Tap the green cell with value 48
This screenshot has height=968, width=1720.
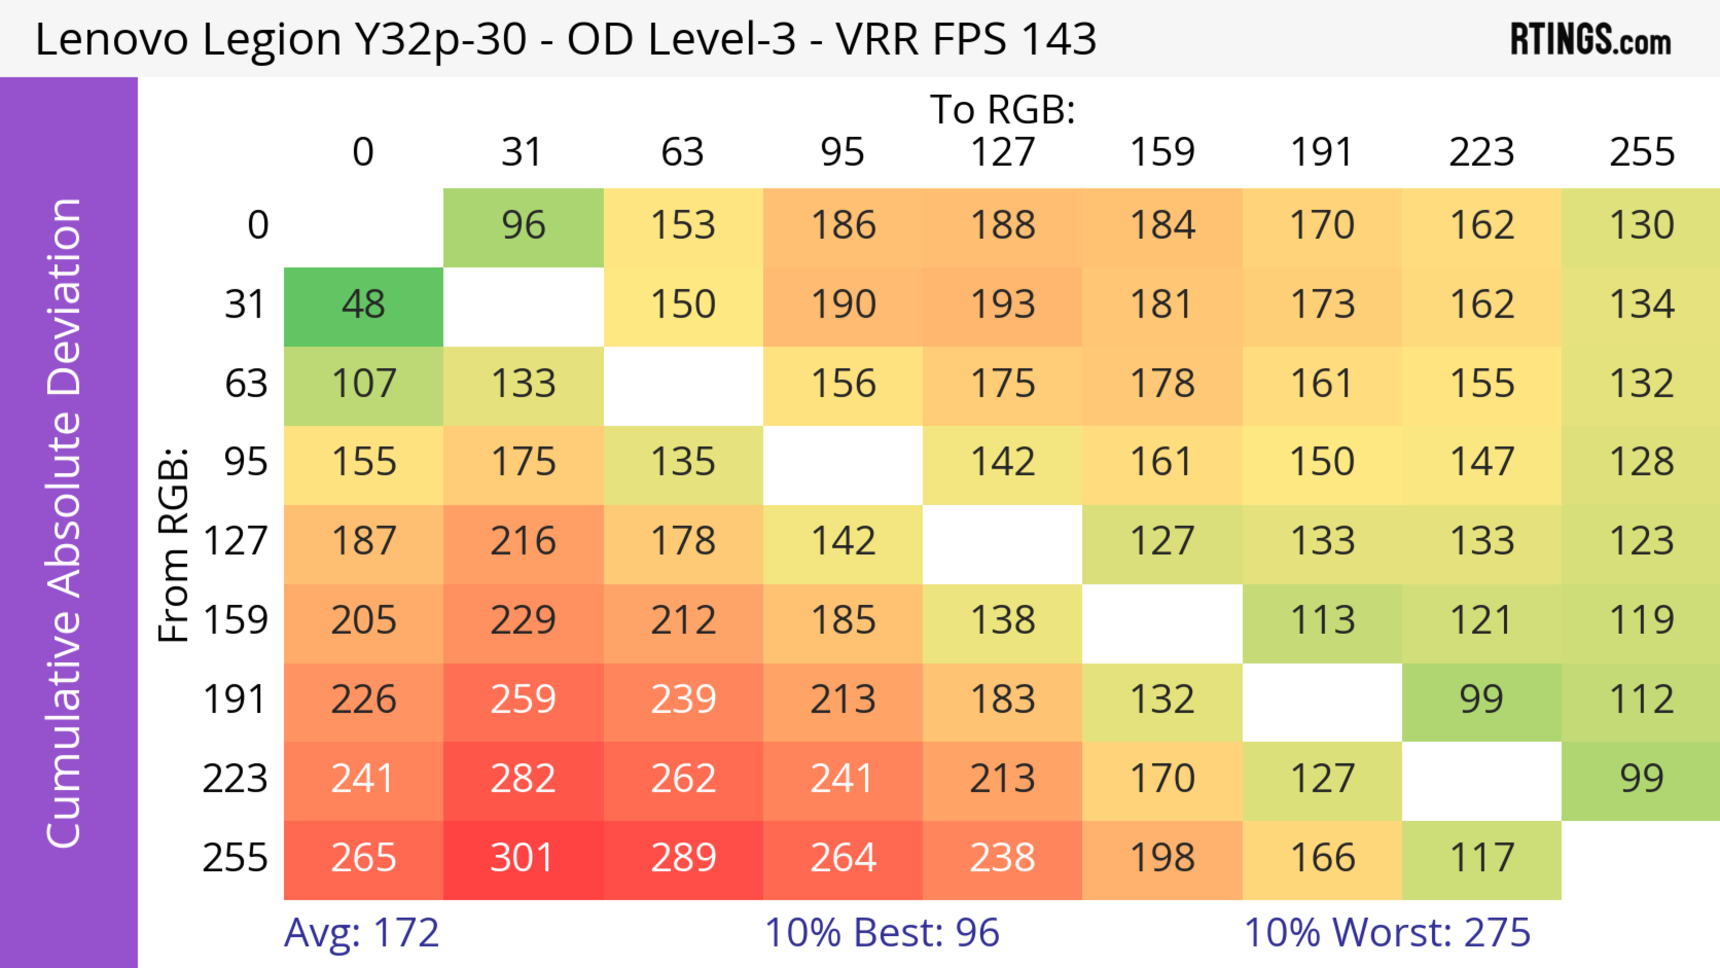tap(363, 305)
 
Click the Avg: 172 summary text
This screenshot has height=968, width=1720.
tap(361, 932)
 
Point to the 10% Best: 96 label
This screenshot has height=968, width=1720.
tap(881, 932)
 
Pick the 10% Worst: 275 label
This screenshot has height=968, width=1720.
tap(1387, 932)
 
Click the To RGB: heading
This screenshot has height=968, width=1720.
tap(1002, 109)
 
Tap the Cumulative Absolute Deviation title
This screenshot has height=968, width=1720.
tap(65, 523)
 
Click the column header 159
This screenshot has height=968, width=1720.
tap(1162, 152)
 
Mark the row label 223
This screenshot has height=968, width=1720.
tap(235, 779)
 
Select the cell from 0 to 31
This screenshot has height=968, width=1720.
tap(523, 226)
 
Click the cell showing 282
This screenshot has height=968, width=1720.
tap(523, 779)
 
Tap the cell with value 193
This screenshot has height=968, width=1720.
tap(1002, 305)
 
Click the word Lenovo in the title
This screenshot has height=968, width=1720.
tap(112, 39)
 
